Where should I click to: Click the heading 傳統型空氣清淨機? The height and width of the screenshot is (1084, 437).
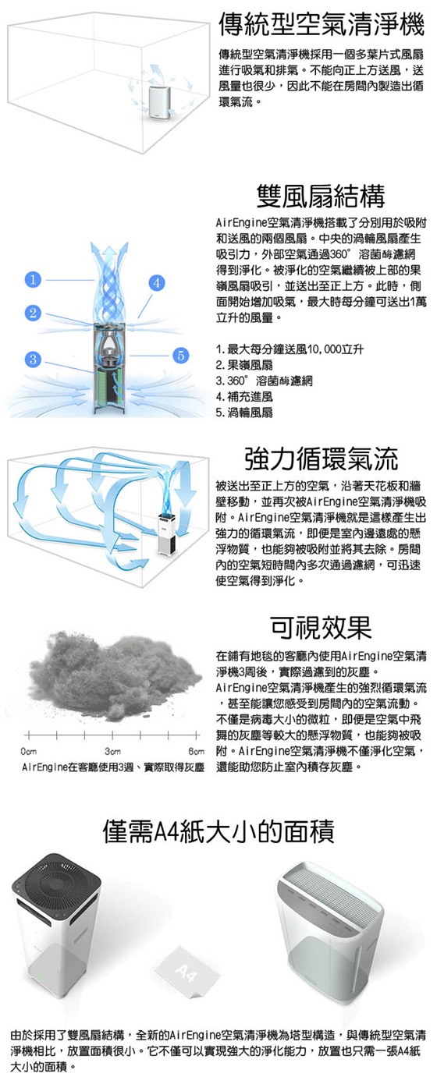(x=322, y=25)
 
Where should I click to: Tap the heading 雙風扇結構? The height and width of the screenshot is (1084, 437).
(x=321, y=196)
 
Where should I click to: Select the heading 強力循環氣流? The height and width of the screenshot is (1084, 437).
(x=322, y=459)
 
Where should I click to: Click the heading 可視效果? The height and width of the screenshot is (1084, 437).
(x=322, y=628)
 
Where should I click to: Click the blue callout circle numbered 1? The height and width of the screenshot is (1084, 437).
(x=33, y=280)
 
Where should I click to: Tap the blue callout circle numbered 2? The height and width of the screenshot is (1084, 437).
(x=33, y=313)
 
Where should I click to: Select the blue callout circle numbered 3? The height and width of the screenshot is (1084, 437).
(x=33, y=359)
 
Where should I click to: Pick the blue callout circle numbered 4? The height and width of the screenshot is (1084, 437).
(x=156, y=283)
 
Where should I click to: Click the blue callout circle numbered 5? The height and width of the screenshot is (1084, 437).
(x=179, y=356)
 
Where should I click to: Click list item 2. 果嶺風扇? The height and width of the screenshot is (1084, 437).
(x=245, y=365)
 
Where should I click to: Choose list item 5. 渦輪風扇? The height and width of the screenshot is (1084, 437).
(x=245, y=413)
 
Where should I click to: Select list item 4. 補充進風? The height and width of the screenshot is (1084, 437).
(x=245, y=397)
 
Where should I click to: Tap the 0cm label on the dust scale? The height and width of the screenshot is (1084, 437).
(x=29, y=752)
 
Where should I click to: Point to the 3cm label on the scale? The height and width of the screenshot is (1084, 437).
(x=112, y=752)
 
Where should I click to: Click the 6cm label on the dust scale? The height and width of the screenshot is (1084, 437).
(x=196, y=752)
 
